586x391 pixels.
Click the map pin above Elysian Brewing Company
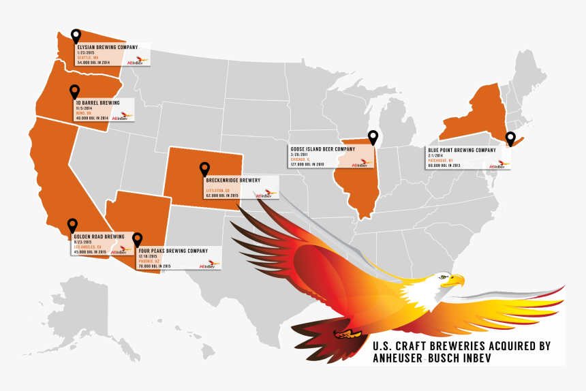(76, 35)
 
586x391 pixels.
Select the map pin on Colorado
(204, 168)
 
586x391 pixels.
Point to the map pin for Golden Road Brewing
(72, 225)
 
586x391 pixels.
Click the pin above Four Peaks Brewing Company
(138, 238)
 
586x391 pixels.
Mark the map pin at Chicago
(373, 137)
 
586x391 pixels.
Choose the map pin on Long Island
(510, 138)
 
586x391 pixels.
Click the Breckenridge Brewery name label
(232, 181)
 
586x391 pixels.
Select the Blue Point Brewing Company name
(462, 150)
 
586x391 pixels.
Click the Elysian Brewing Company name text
(108, 48)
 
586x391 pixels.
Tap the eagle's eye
(444, 276)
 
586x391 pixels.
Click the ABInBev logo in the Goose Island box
(359, 164)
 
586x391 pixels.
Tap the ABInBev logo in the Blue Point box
(498, 165)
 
